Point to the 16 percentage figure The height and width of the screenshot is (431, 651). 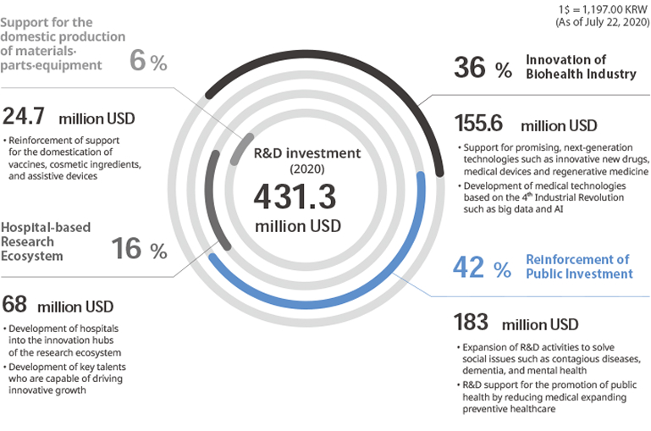pos(128,249)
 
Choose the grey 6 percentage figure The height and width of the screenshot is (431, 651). pos(139,61)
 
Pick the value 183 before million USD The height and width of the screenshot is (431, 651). pos(472,323)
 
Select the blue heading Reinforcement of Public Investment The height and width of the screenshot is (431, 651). pos(579,267)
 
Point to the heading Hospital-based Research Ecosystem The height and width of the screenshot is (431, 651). pos(46,241)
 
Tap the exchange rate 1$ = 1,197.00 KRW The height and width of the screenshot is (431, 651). pos(604,8)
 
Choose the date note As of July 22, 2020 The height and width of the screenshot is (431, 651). pos(602,23)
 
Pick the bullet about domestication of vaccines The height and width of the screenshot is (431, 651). pos(73,158)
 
